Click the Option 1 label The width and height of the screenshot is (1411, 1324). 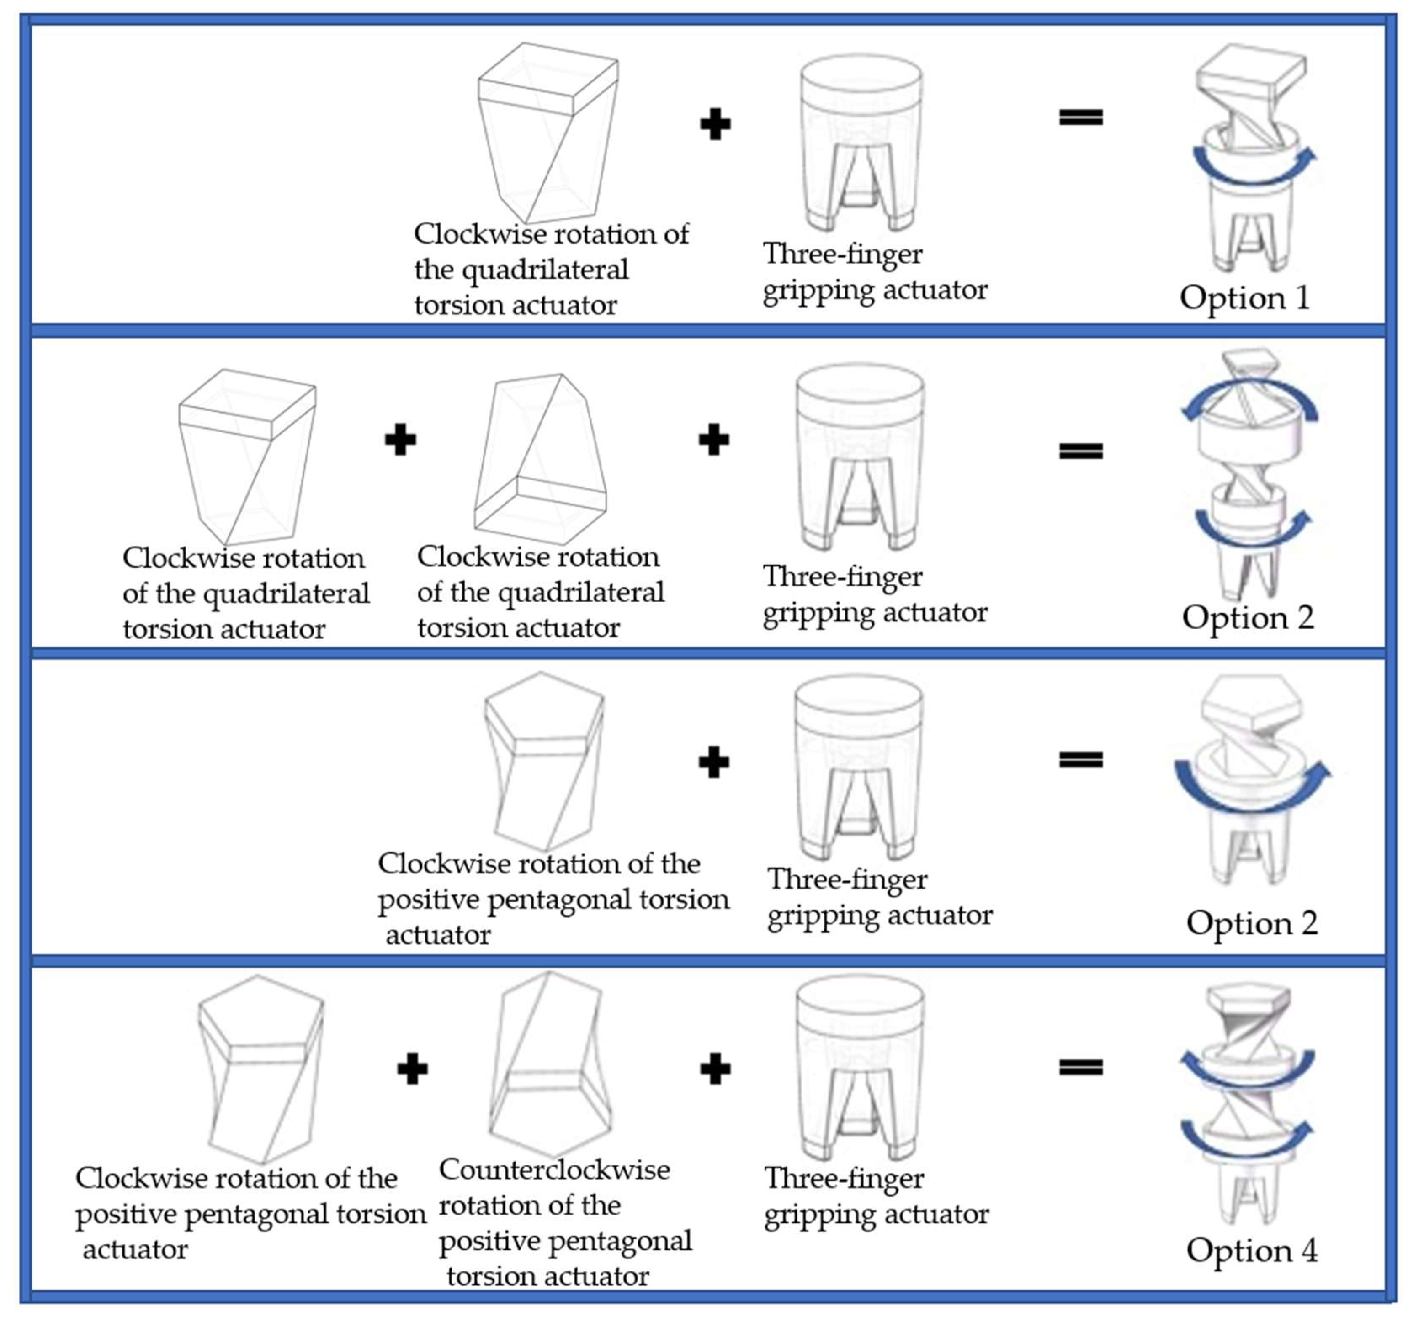coord(1244,297)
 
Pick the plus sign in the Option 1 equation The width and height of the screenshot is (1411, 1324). coord(715,124)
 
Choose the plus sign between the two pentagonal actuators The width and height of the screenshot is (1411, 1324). coord(412,1069)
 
